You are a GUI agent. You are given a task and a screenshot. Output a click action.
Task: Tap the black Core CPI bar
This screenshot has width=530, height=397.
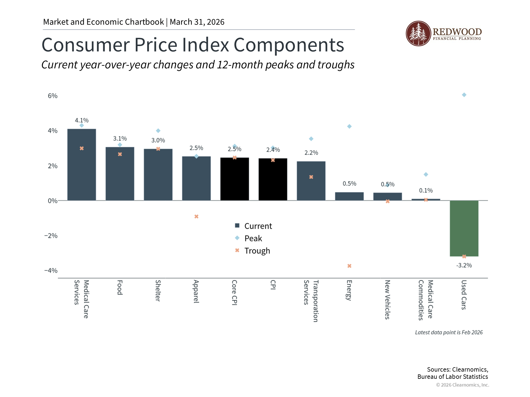coord(235,179)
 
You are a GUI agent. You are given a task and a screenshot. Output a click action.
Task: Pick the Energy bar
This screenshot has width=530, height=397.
coord(349,196)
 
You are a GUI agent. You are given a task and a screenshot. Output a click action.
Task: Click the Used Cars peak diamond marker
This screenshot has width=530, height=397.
coord(464,95)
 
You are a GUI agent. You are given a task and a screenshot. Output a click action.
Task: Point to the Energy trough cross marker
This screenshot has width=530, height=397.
coord(349,266)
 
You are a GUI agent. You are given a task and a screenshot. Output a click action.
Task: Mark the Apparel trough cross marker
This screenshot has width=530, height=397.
coord(196,217)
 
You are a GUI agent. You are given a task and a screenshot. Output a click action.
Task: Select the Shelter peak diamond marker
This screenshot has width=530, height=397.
coord(158,131)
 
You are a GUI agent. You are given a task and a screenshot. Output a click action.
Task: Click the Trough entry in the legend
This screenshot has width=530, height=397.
coord(257,251)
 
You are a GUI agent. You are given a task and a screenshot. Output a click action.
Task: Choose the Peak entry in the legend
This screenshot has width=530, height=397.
coord(253,238)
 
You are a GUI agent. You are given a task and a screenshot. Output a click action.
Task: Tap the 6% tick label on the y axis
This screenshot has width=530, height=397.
coord(52,96)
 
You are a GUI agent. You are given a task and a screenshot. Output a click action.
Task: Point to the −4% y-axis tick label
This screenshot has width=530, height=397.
coord(51,270)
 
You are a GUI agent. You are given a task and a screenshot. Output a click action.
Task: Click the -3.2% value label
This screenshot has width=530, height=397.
coord(464,265)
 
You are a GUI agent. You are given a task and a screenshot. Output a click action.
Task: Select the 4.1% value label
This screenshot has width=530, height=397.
coord(82,120)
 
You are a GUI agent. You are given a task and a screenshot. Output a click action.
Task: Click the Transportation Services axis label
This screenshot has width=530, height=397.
coord(311,301)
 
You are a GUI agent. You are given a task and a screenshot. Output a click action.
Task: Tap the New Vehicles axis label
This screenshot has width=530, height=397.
coord(387,299)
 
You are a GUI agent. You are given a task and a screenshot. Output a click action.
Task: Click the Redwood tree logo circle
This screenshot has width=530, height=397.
coord(418,34)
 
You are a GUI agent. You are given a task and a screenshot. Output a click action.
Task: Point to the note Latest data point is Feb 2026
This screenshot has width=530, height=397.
coord(449,332)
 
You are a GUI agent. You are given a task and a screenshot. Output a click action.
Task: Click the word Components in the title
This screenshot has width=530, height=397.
coord(289,45)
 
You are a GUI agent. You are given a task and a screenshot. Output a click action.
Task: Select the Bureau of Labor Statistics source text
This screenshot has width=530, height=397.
coord(452,377)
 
